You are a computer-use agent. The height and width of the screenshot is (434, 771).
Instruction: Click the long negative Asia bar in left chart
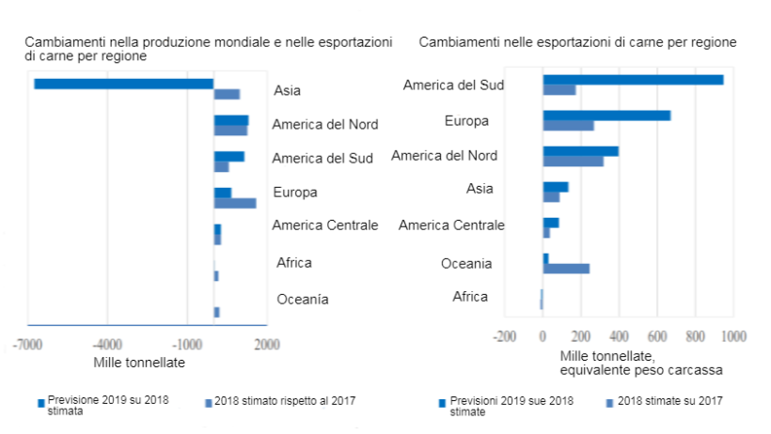pos(123,84)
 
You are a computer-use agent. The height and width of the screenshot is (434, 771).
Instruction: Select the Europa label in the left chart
pos(294,193)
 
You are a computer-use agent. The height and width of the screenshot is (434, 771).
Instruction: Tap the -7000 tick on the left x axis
pos(28,344)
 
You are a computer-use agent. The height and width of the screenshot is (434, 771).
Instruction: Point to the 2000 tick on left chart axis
pos(266,344)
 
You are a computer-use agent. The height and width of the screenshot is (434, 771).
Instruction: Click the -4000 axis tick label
pos(107,344)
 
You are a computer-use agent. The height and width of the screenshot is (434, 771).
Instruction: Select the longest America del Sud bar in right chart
pos(633,80)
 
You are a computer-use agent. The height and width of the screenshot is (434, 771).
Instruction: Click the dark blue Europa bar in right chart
pos(606,116)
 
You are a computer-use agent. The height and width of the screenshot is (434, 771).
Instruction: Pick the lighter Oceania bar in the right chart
pos(566,269)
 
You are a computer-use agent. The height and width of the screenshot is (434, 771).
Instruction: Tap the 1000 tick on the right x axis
pos(733,335)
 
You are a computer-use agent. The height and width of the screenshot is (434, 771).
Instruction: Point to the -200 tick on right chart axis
pos(505,335)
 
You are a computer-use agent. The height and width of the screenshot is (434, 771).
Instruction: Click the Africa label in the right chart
pos(470,297)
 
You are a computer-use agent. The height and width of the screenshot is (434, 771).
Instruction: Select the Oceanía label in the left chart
pos(303,300)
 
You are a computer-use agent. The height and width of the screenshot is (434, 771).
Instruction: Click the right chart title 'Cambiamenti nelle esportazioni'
pos(577,43)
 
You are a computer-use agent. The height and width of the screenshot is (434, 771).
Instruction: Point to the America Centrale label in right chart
pos(451,225)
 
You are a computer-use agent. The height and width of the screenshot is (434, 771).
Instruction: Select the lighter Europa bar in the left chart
pos(235,203)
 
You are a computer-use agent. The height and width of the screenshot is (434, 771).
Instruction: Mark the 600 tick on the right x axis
pos(657,335)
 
